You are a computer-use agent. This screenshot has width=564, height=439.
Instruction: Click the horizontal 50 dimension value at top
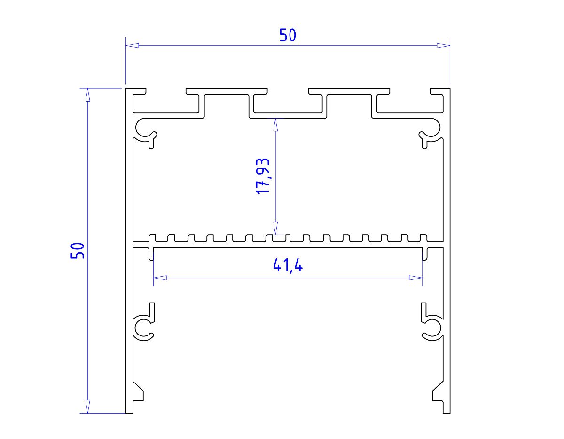tap(288, 35)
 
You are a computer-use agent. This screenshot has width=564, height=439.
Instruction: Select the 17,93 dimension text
tap(262, 176)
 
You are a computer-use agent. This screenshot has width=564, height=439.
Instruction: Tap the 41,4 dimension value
tap(288, 266)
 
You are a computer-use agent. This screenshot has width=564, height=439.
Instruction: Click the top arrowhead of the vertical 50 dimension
tap(87, 95)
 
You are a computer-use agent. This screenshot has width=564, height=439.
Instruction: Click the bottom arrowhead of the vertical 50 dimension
tap(87, 407)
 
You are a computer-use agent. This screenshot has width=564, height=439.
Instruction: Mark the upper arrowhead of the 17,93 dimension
tap(276, 124)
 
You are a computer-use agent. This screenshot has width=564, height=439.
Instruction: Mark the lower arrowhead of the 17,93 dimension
tap(276, 228)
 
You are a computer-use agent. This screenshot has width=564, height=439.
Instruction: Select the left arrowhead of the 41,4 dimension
tap(160, 278)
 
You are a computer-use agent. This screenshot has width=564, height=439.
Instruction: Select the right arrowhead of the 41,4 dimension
tap(415, 278)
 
